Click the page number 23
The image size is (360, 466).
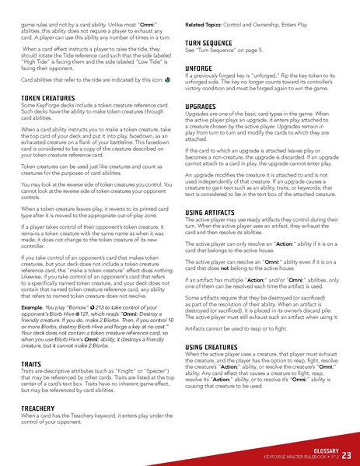coord(347,455)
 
